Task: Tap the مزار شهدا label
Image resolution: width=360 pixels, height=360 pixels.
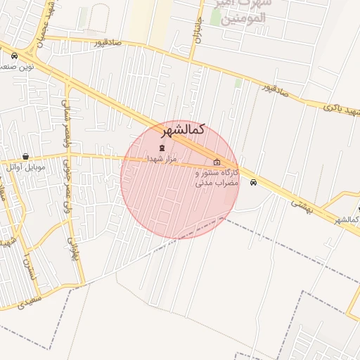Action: coord(162,160)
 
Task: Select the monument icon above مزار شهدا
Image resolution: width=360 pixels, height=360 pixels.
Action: coord(162,148)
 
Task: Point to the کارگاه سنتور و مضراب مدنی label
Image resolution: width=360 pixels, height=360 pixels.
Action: coord(217,177)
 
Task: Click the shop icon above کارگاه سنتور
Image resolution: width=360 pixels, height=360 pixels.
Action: coord(217,163)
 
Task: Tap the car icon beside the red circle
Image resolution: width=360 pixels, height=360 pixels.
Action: coord(253,183)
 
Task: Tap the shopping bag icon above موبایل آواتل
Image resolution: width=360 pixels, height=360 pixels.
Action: coord(26,157)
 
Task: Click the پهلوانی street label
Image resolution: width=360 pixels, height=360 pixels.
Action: coord(69,246)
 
